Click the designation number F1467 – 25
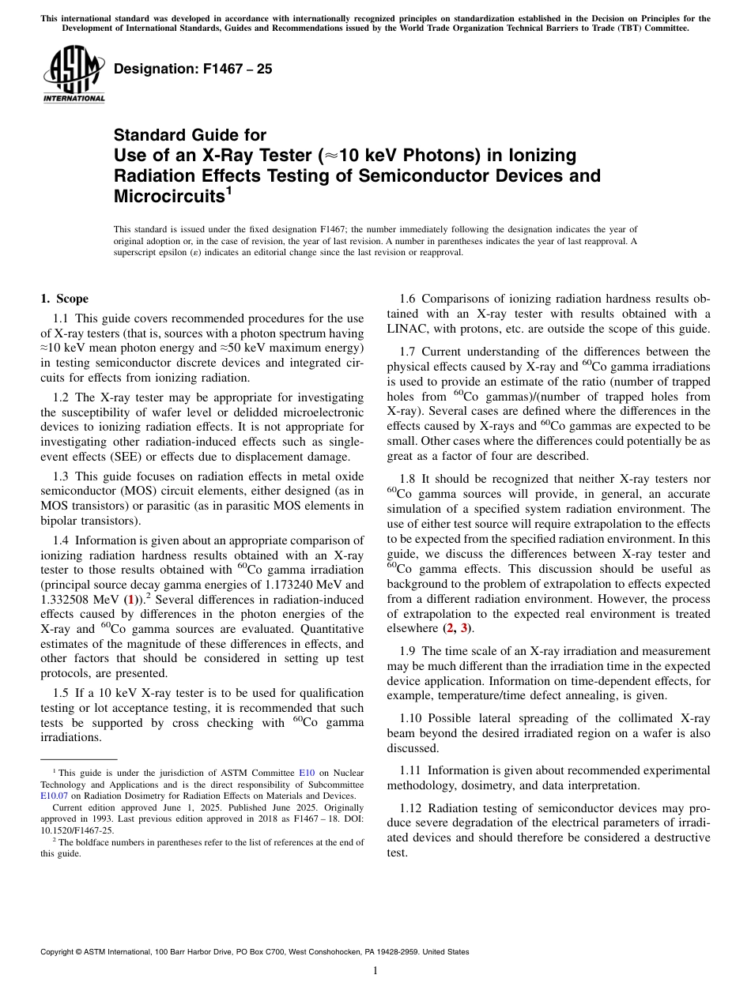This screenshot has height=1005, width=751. tap(193, 70)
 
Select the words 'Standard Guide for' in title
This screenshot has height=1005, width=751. tap(190, 135)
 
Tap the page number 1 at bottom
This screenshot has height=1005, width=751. tap(375, 970)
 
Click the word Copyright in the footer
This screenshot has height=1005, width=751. tap(61, 952)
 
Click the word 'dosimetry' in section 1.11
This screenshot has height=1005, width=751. tap(494, 785)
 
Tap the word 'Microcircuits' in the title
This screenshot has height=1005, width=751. tap(165, 196)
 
